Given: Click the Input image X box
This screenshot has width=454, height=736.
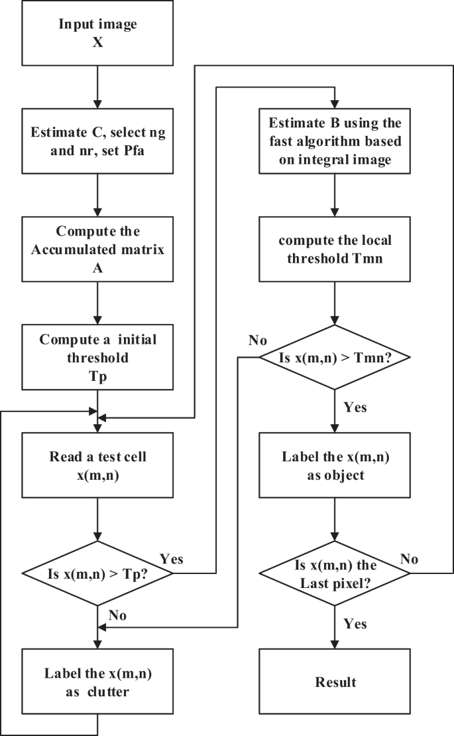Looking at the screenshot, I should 98,32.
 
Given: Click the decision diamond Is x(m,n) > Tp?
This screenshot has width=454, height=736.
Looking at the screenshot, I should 98,573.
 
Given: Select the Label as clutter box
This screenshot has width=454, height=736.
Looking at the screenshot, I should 98,682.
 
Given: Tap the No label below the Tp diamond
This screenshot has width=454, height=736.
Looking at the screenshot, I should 117,615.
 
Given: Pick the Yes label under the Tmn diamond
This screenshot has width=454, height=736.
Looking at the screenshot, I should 355,406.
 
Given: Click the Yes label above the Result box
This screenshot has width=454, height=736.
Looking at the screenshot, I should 355,623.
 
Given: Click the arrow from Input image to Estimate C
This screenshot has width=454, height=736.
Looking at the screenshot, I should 98,86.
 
